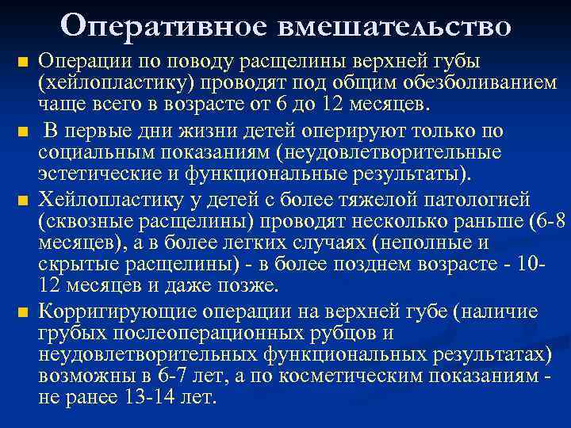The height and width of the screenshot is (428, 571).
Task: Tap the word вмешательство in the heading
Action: click(x=393, y=25)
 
